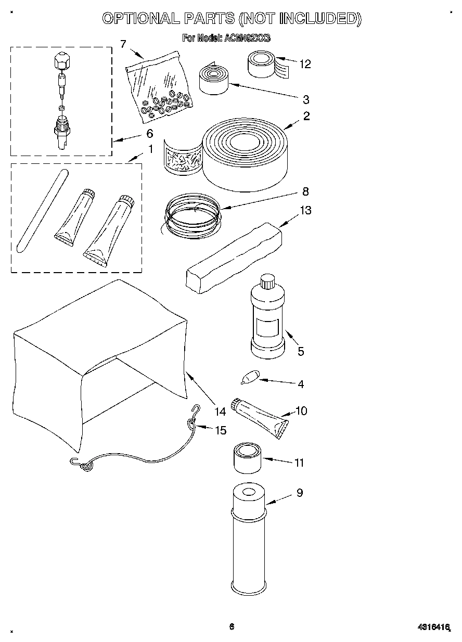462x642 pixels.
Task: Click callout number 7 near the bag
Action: tap(123, 44)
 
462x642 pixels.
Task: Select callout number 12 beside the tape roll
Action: tap(305, 64)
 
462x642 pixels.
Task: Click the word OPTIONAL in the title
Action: tap(140, 19)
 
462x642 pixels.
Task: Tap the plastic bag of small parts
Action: tap(158, 86)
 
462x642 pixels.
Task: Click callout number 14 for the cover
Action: tap(220, 411)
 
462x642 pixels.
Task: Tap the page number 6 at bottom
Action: tap(232, 626)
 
